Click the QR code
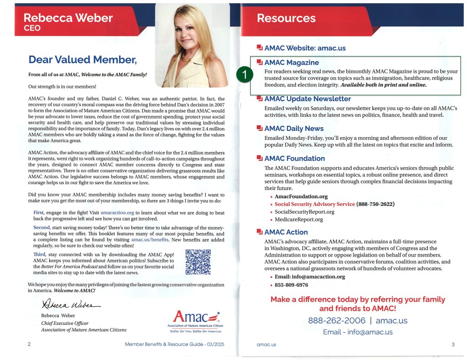coord(198,262)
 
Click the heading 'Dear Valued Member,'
coord(82,59)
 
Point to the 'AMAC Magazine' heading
coord(291,62)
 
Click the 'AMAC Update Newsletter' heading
coord(307,99)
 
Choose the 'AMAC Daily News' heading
coord(294,129)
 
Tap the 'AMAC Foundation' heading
coord(295,159)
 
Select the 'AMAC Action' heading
coord(286,232)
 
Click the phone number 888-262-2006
coord(337,320)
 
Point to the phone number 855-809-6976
coord(291,285)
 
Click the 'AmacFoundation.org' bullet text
coord(301,196)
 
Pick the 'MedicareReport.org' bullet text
coord(299,219)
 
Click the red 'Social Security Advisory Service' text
coord(315,204)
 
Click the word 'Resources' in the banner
coord(286,18)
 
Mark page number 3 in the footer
coord(453,345)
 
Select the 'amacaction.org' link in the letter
coord(117,212)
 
